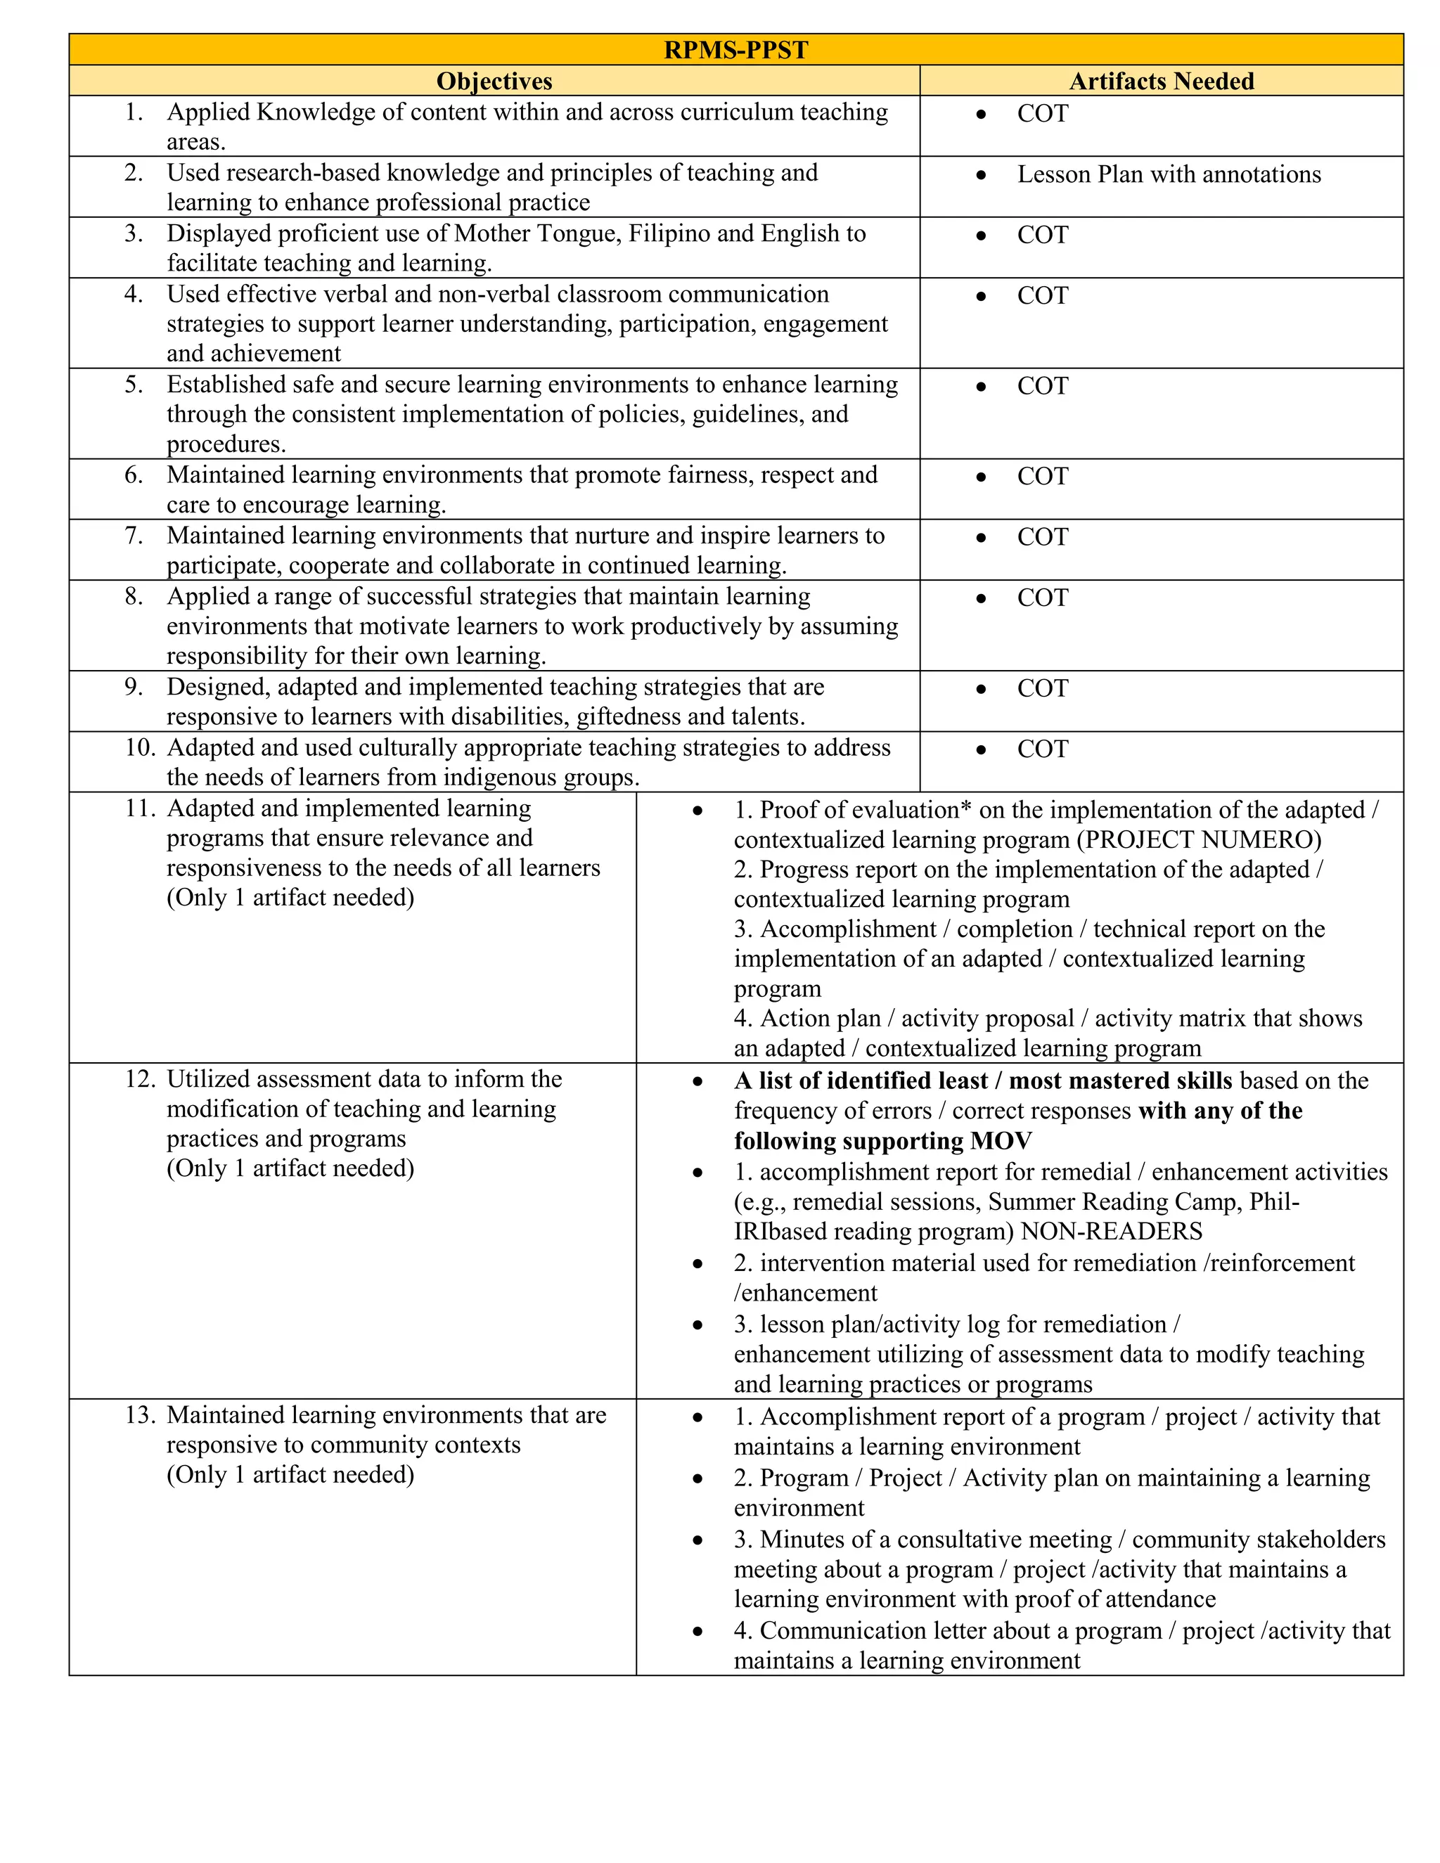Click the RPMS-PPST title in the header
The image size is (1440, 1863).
(735, 49)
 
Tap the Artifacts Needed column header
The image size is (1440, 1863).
(1161, 81)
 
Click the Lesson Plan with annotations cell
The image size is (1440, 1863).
(1168, 174)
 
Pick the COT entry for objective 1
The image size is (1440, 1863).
(1043, 113)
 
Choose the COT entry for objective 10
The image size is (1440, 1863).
(1043, 749)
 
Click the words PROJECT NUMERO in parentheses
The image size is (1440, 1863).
(1199, 839)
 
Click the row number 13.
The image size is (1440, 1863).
(140, 1415)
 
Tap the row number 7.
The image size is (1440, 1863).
(134, 536)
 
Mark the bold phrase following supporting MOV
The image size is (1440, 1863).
(882, 1140)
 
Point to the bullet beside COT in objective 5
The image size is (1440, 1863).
(981, 387)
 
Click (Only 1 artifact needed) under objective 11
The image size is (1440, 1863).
(290, 897)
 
